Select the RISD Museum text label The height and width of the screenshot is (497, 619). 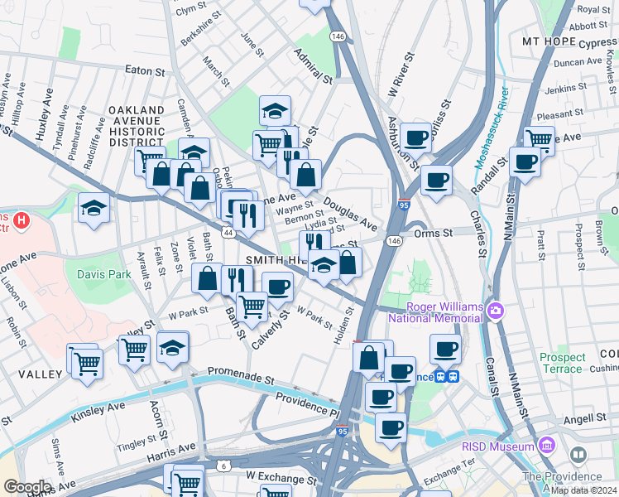497,447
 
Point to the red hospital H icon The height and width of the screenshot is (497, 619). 22,221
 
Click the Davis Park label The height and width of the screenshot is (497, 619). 105,273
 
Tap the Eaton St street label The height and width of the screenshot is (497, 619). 145,71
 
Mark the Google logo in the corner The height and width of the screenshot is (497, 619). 26,486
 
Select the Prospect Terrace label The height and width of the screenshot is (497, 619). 563,363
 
